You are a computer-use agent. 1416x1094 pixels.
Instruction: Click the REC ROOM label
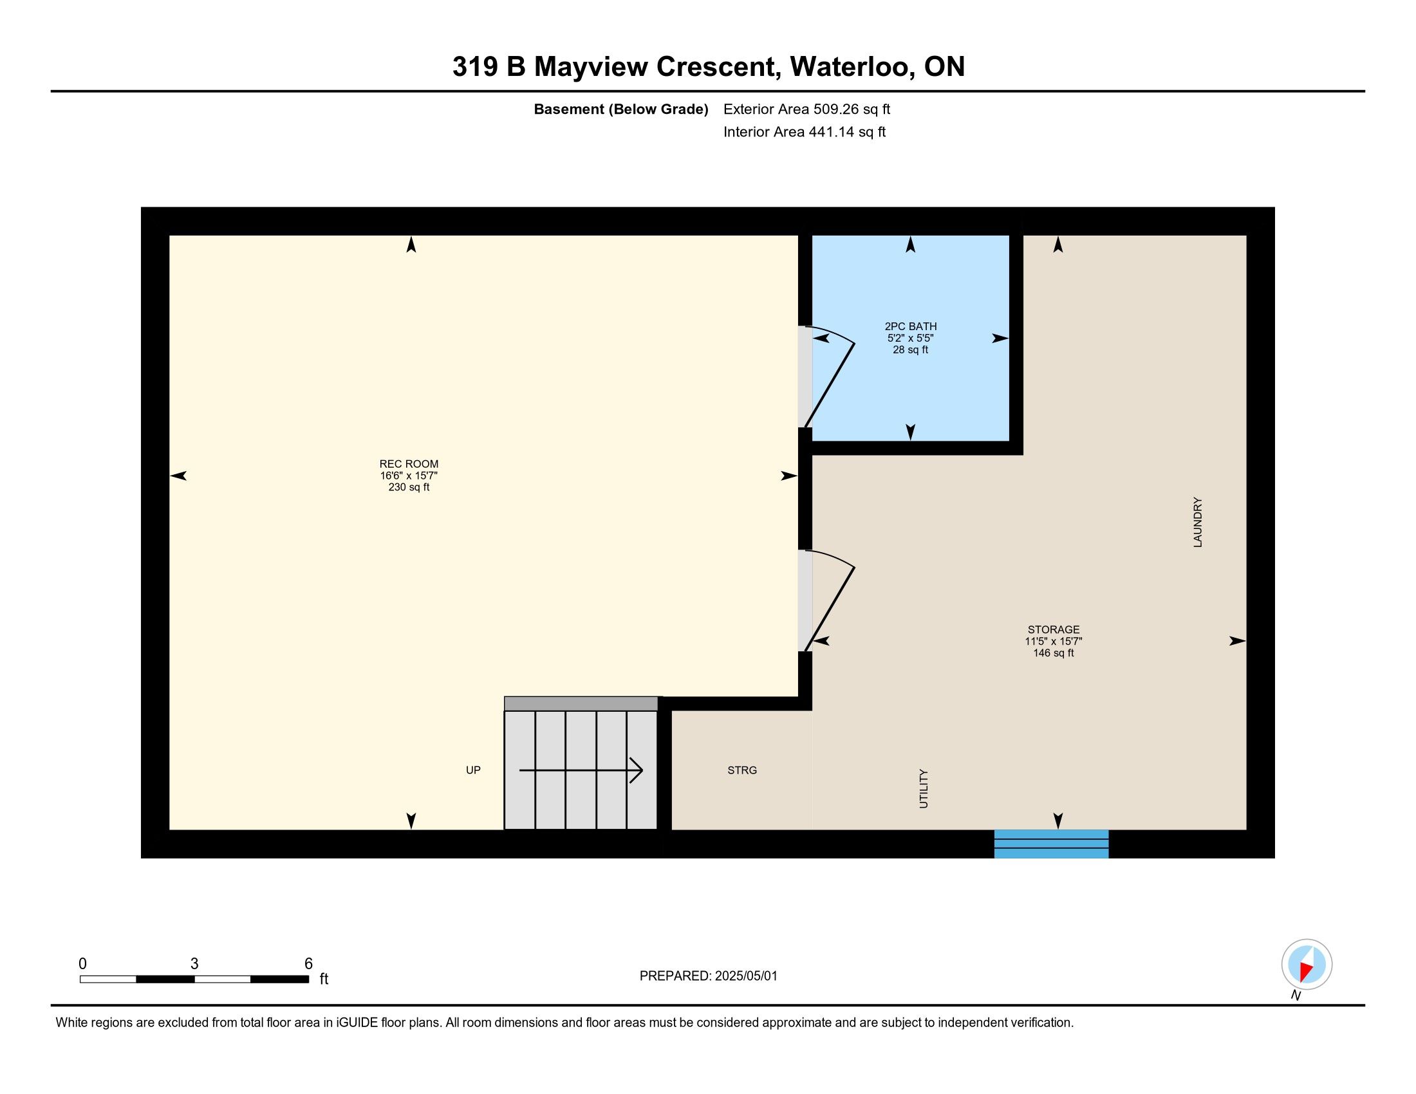tap(409, 464)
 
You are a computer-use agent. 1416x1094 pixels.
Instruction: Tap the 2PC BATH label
tap(910, 327)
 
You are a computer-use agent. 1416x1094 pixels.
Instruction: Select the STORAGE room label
tap(1054, 629)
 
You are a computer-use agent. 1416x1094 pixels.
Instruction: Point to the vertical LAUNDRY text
tap(1198, 523)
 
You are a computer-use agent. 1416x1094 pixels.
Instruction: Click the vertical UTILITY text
tap(924, 789)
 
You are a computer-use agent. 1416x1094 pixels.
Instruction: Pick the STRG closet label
tap(742, 770)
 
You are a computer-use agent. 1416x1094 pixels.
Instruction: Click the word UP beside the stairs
tap(473, 770)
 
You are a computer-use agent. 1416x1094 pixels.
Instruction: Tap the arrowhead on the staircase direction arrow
tap(637, 770)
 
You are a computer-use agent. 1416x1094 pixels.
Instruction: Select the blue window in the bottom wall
tap(1051, 844)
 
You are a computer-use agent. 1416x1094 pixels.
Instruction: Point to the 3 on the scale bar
tap(194, 964)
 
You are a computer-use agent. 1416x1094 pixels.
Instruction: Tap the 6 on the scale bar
tap(308, 964)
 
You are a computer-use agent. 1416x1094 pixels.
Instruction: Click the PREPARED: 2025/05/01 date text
tap(708, 976)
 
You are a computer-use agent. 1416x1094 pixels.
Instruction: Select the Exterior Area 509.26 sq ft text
tap(806, 109)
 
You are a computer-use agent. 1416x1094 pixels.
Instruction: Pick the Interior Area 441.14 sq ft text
tap(805, 131)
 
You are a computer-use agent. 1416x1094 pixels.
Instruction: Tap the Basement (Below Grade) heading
tap(620, 109)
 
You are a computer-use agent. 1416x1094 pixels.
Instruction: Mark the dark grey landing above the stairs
tap(581, 704)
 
